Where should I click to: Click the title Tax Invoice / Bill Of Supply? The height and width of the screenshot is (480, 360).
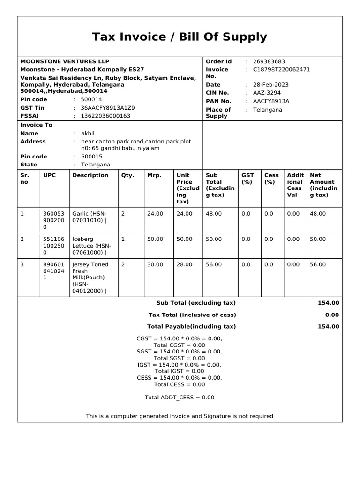point(180,37)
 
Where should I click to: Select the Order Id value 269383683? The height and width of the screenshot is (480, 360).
point(269,61)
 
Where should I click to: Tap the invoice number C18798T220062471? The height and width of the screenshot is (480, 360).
point(281,69)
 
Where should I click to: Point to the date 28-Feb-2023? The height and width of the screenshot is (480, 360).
point(270,85)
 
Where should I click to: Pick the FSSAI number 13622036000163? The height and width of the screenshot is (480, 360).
point(105,116)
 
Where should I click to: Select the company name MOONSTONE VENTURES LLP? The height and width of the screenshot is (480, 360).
point(65,61)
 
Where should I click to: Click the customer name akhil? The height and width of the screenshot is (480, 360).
point(88,133)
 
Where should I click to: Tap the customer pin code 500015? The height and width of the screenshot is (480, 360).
point(91,157)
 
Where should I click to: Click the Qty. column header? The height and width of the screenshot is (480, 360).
point(127,175)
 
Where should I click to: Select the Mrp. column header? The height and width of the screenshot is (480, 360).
point(154,175)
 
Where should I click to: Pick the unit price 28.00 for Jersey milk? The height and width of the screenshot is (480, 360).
point(184,264)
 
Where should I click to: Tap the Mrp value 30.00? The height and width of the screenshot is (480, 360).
point(155,264)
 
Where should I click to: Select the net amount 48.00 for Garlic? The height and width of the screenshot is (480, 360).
point(318,213)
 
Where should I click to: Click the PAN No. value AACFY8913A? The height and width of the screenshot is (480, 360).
point(271,101)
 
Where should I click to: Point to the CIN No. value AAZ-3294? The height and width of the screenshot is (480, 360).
point(267,93)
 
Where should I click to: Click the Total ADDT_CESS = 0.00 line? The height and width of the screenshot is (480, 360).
point(180,397)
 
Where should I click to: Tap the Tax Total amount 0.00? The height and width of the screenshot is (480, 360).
point(331,315)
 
